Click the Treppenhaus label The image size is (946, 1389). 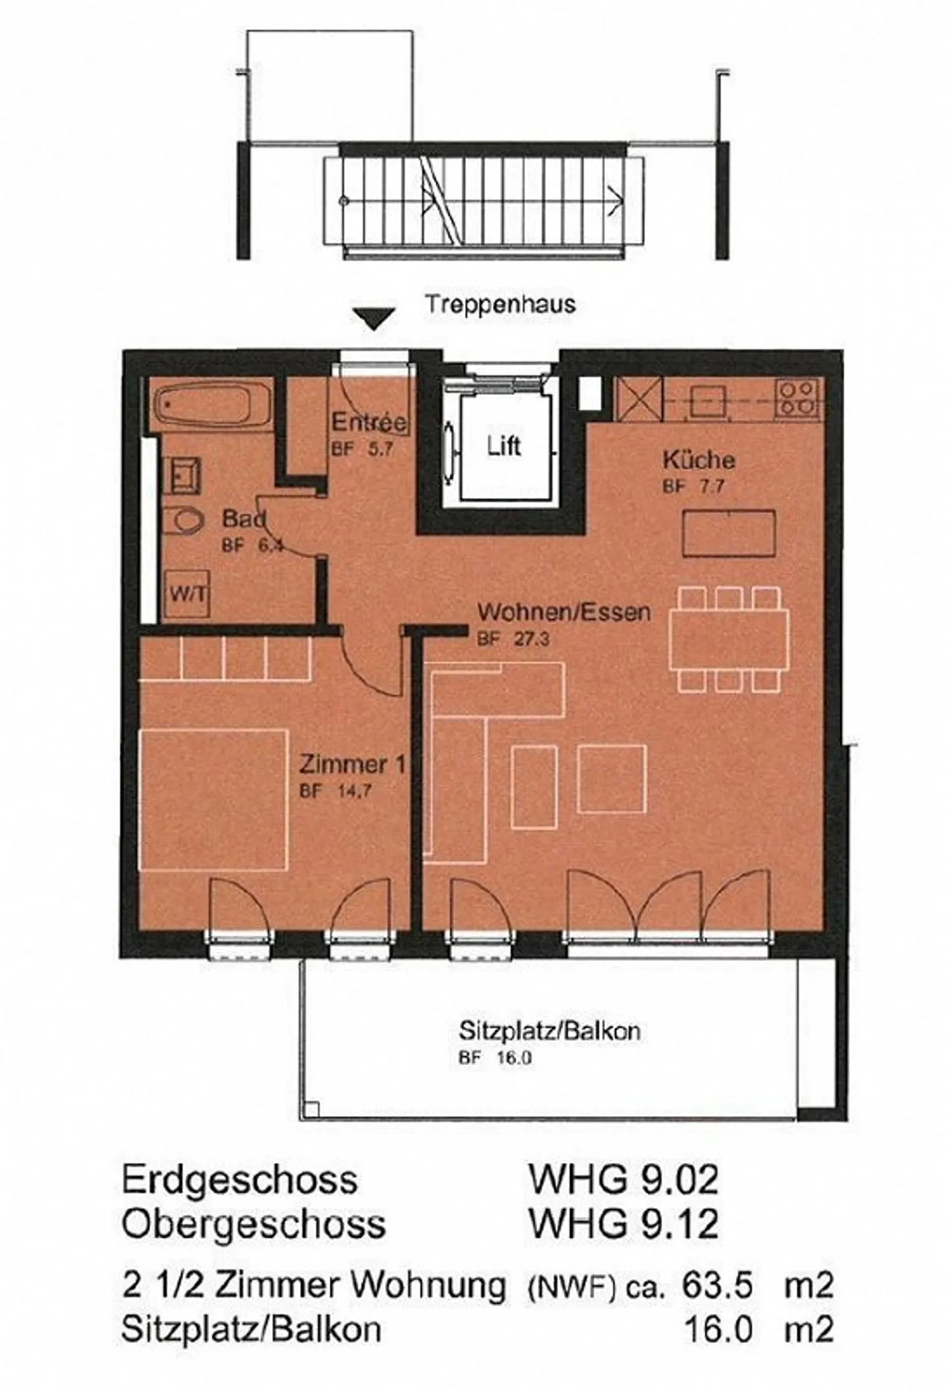[x=499, y=304]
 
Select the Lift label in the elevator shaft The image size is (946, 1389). [x=503, y=446]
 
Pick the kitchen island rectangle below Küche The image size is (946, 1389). [x=729, y=533]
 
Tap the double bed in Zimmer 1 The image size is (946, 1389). [x=214, y=799]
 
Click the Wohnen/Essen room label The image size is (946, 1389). [x=563, y=612]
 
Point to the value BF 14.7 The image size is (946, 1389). [x=335, y=791]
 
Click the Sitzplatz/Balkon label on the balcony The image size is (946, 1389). [x=549, y=1031]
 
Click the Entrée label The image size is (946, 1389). [x=369, y=422]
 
